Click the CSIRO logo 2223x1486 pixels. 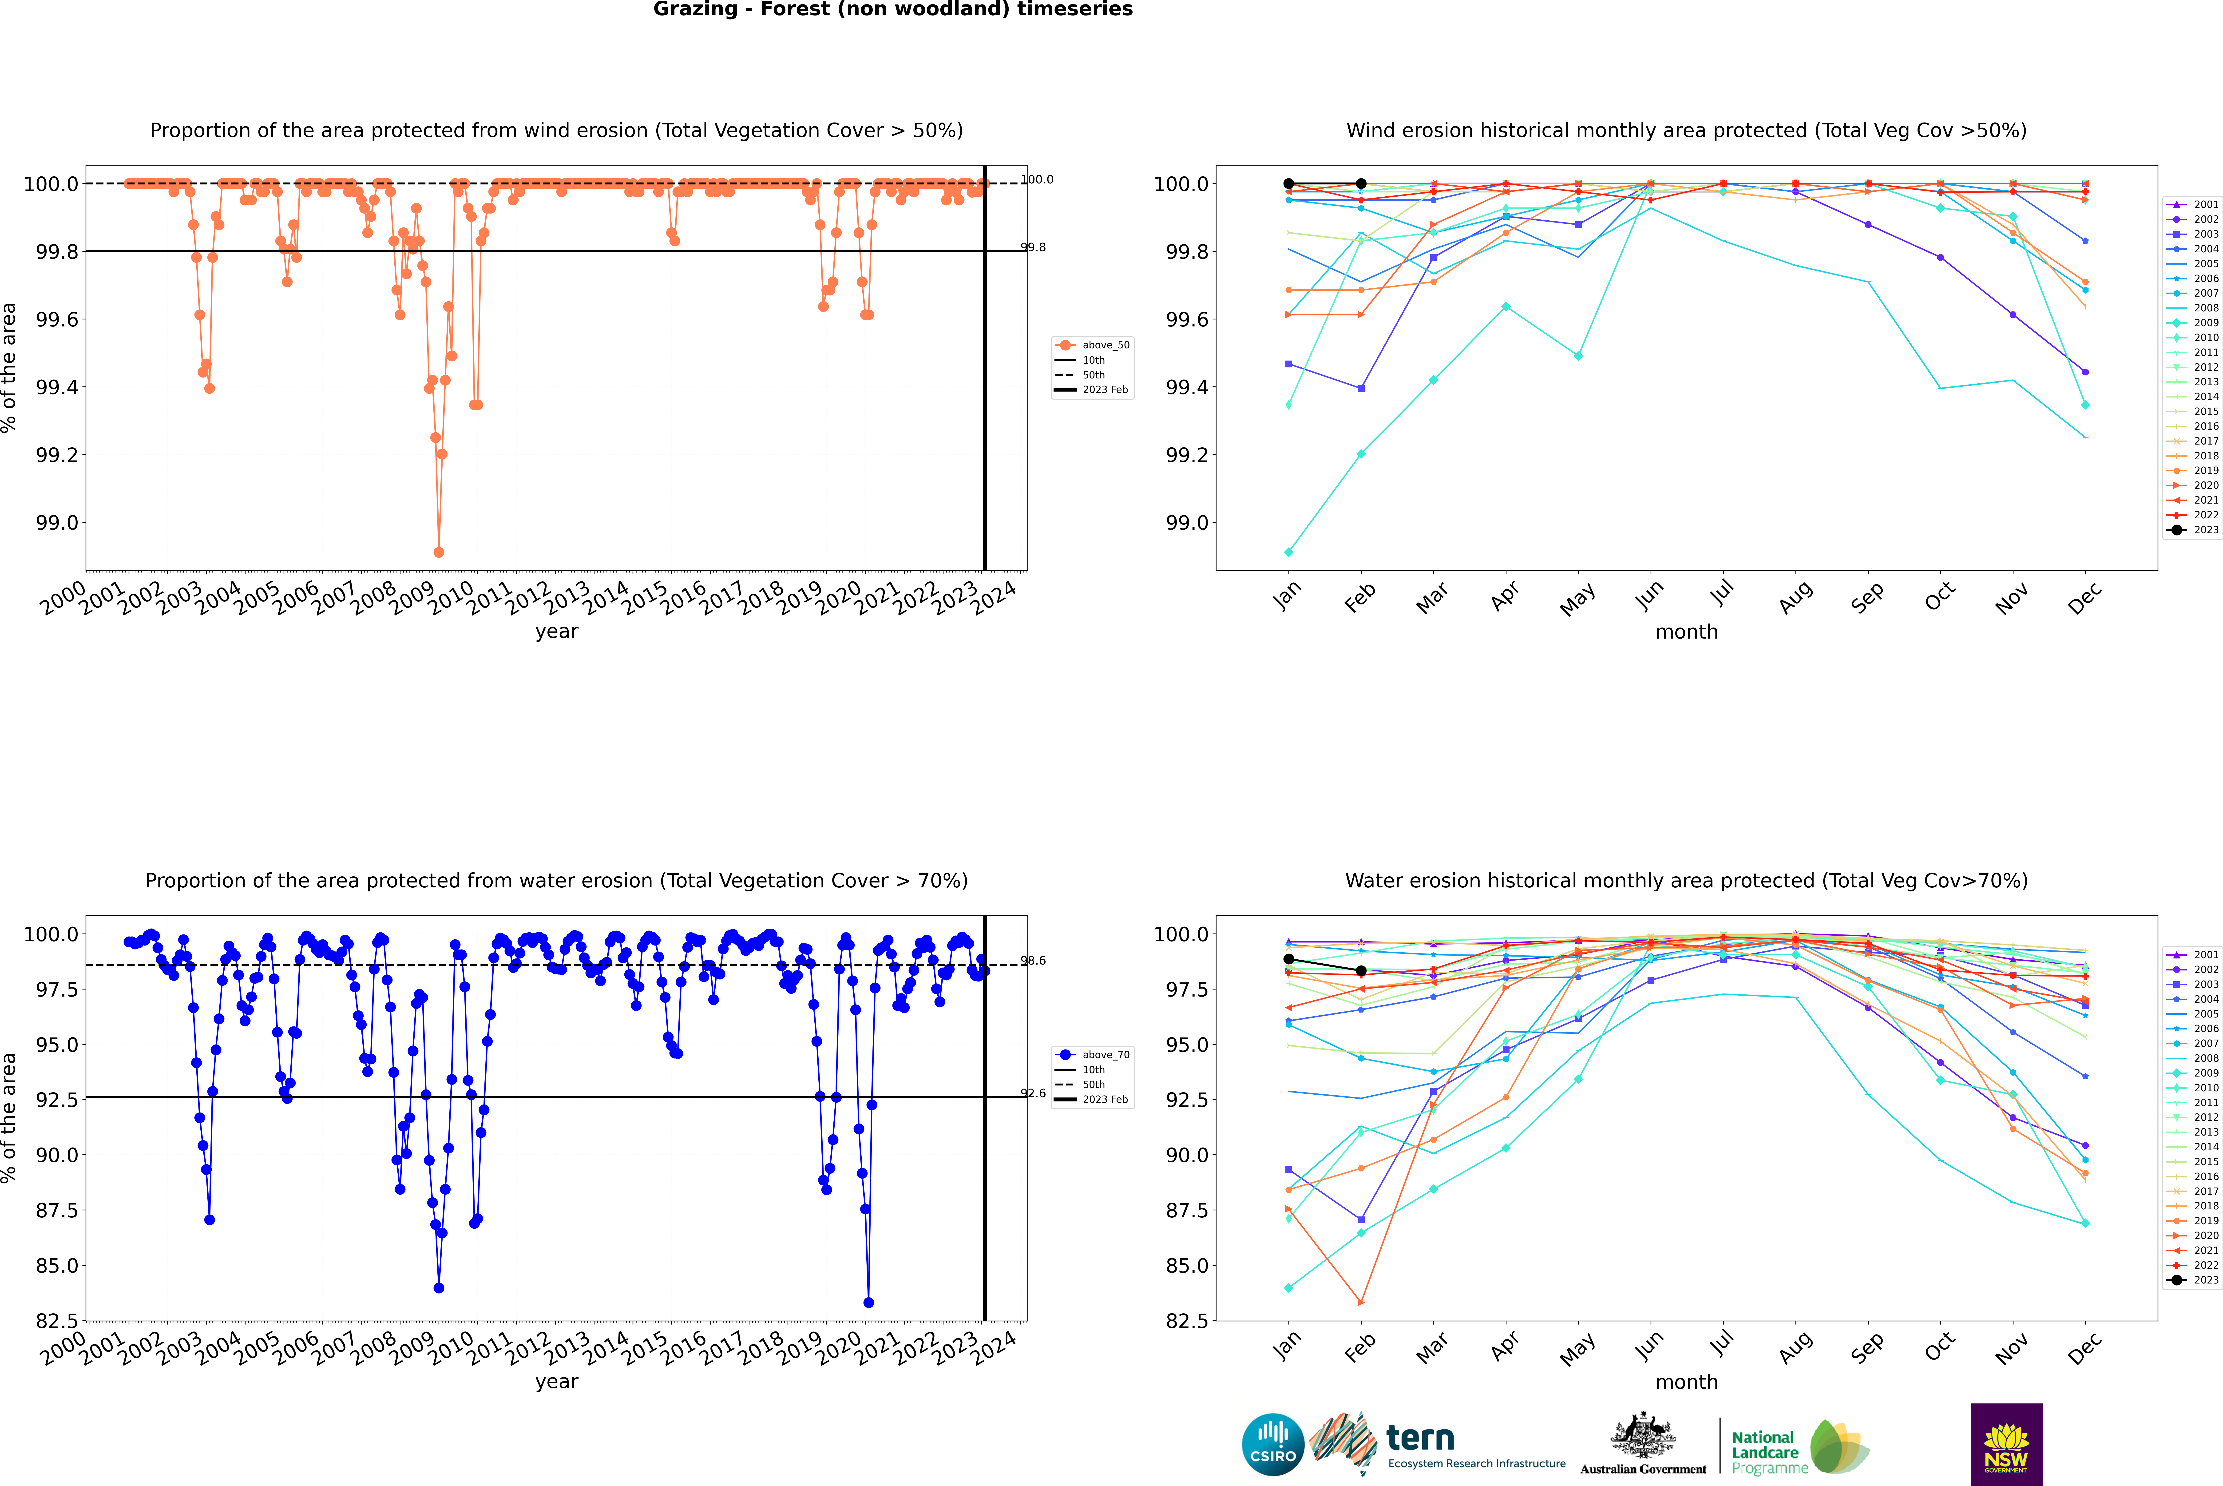[1273, 1444]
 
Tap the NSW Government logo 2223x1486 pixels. [2006, 1444]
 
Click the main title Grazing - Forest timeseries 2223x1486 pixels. [893, 9]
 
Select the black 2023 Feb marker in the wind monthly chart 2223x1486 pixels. [1361, 184]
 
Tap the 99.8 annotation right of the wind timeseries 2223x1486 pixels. [1033, 247]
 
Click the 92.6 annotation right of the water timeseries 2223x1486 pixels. [1033, 1093]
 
